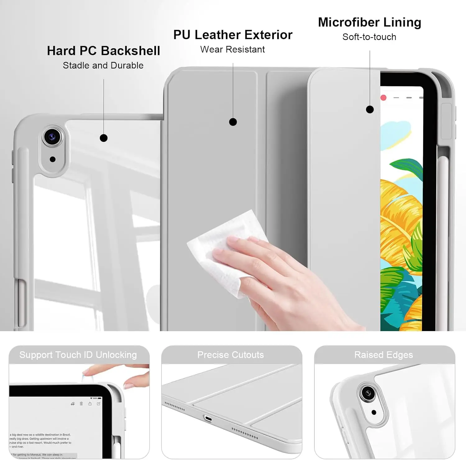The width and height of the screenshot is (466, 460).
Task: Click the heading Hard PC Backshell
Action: click(x=103, y=51)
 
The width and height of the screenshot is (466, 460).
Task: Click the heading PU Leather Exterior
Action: click(x=233, y=35)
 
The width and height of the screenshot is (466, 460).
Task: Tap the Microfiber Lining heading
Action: click(x=369, y=22)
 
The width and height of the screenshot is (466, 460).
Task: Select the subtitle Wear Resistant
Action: click(x=232, y=49)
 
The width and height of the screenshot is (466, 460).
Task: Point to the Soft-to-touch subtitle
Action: click(x=369, y=37)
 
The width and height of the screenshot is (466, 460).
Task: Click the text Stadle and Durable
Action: click(x=103, y=66)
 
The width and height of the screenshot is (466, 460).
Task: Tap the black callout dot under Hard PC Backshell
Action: click(x=104, y=138)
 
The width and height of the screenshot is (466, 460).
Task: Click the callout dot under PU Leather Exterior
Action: click(x=233, y=122)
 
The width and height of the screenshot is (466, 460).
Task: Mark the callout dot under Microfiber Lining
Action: click(x=370, y=109)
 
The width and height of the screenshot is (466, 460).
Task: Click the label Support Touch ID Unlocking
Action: click(x=78, y=355)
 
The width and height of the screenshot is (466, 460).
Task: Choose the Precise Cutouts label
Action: click(x=231, y=355)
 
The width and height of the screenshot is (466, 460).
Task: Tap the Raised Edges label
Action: click(x=384, y=355)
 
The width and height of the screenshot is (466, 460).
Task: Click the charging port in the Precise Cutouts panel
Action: click(x=208, y=419)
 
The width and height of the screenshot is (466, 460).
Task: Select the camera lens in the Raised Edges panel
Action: click(x=368, y=393)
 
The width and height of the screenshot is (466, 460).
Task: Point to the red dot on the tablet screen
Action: click(x=384, y=98)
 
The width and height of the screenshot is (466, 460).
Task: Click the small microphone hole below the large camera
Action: click(x=53, y=159)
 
